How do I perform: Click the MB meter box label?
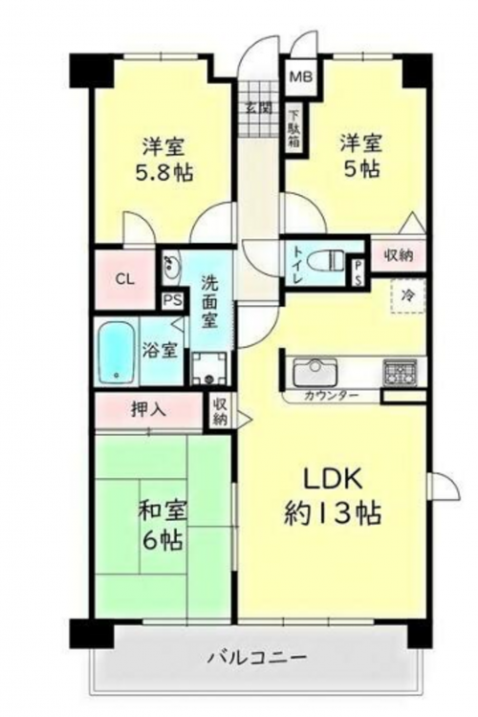pos(300,76)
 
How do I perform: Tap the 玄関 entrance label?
pos(259,108)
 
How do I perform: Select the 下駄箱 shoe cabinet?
pos(294,130)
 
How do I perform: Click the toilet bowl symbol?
pos(325,261)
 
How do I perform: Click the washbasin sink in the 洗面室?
pos(172,265)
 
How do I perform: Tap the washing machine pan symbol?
pos(209,368)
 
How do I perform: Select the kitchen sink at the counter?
pos(315,372)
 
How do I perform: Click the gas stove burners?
pos(400,371)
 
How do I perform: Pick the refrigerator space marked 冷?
pos(407,295)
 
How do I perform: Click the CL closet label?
pos(124,279)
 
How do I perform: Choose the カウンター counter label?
pos(331,396)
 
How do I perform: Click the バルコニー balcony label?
pos(257,659)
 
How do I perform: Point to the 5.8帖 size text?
pos(163,172)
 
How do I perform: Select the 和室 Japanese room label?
pos(163,512)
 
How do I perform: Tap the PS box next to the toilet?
pos(358,274)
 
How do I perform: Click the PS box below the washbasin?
pos(173,301)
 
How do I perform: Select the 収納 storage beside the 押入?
pos(220,411)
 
